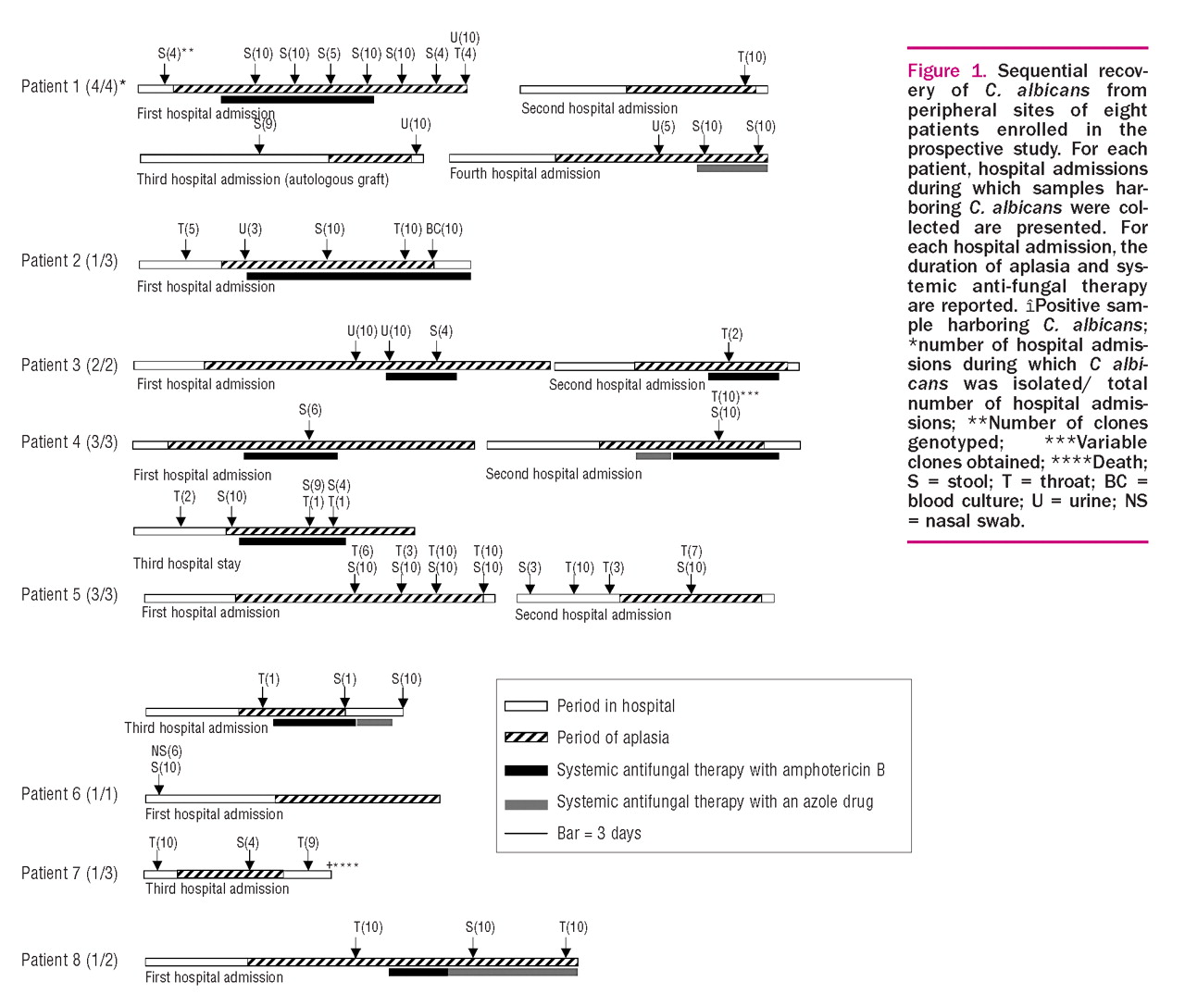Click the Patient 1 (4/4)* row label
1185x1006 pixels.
(73, 86)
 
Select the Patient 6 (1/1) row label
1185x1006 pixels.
(69, 794)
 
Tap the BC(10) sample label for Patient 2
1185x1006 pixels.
(444, 229)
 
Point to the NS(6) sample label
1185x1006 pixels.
(167, 751)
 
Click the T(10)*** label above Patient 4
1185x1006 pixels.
(735, 396)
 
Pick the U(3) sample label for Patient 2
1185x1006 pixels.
(250, 229)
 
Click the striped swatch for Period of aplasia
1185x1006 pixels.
(526, 738)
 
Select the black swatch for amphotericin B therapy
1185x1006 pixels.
(526, 770)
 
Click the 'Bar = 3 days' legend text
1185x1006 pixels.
(599, 833)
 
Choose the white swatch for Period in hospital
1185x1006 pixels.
(526, 706)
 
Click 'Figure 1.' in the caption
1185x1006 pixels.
(946, 71)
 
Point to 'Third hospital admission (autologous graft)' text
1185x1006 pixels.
(263, 179)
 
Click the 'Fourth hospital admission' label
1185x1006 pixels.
(525, 173)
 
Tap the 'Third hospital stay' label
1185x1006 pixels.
(187, 564)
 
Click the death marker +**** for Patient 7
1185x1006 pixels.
(343, 865)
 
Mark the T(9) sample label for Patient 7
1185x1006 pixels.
(308, 842)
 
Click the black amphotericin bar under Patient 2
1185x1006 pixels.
(358, 276)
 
